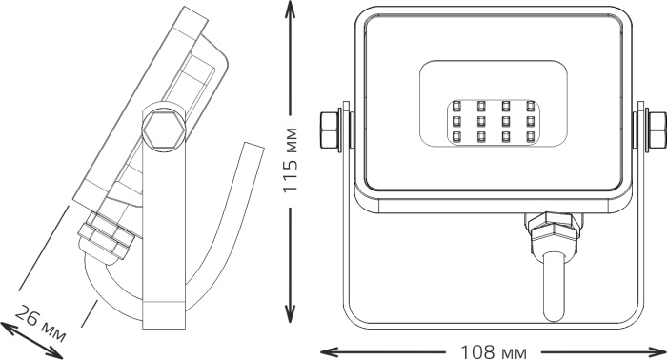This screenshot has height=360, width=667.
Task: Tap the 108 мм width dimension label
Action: point(494,352)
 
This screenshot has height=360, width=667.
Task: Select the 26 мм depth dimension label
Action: point(40,324)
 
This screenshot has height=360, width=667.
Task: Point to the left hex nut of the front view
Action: point(329,130)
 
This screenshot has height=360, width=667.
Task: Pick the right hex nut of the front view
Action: point(657,130)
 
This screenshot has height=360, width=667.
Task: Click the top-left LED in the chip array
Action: point(456,106)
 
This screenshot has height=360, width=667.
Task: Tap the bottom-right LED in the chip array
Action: point(530,136)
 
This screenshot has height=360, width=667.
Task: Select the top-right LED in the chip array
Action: point(530,106)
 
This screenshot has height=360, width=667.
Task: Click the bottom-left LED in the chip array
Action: point(456,136)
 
